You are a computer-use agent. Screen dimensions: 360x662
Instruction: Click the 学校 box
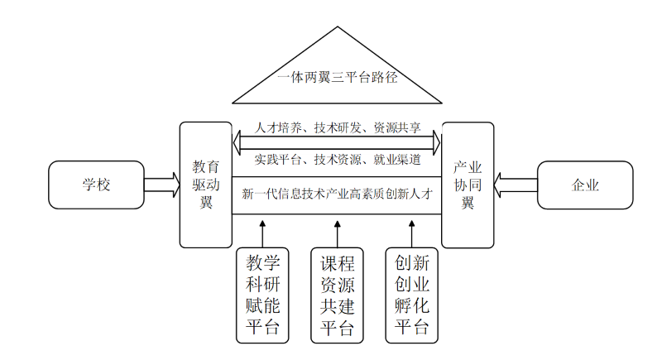tap(96, 185)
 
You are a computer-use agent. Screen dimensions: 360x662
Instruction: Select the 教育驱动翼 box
tap(206, 185)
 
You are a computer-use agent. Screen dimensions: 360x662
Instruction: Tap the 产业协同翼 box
tap(468, 185)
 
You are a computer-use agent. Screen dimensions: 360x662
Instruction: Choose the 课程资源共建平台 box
tap(337, 295)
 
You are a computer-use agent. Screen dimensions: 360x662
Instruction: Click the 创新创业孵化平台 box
tap(411, 295)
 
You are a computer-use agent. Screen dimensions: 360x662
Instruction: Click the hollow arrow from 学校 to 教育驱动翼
tap(161, 185)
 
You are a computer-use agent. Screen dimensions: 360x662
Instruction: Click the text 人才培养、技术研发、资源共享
tap(338, 128)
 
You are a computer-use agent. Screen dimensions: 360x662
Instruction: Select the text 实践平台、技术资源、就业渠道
tap(338, 159)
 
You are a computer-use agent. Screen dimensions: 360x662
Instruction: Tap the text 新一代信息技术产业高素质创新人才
tap(338, 195)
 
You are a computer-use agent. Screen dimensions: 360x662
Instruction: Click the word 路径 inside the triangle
tap(385, 79)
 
